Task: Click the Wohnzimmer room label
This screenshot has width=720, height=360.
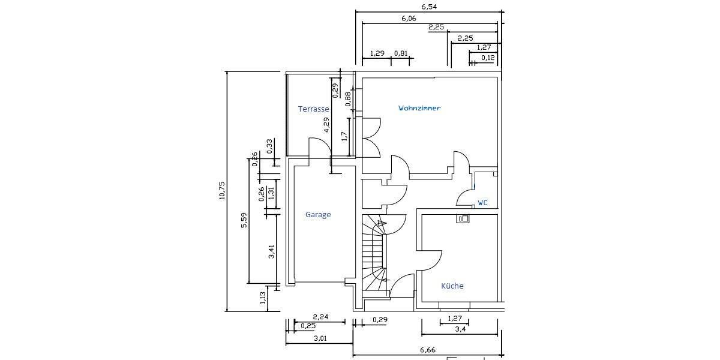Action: [x=419, y=109]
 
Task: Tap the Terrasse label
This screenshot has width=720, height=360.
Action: [x=313, y=109]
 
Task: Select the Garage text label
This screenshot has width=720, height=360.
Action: [x=317, y=215]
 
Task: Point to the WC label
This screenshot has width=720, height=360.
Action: [x=482, y=203]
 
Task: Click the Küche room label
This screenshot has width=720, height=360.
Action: [x=452, y=286]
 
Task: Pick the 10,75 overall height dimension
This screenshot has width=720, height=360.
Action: [x=222, y=191]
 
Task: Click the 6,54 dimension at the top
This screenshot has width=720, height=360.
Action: [x=428, y=7]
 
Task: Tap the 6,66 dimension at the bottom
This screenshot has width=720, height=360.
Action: [x=427, y=350]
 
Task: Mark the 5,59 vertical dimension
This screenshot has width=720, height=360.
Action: [x=244, y=220]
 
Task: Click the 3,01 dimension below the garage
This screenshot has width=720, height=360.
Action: [x=320, y=338]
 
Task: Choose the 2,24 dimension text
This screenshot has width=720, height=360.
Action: [x=320, y=317]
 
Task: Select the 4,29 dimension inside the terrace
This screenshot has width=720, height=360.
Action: [x=326, y=124]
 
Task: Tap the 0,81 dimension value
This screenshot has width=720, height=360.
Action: [x=400, y=53]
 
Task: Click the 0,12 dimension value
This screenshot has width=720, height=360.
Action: [x=487, y=58]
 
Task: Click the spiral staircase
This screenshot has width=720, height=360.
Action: [x=375, y=255]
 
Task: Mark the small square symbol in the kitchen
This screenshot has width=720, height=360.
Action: [x=463, y=219]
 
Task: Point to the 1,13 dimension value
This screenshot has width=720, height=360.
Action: [x=263, y=298]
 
